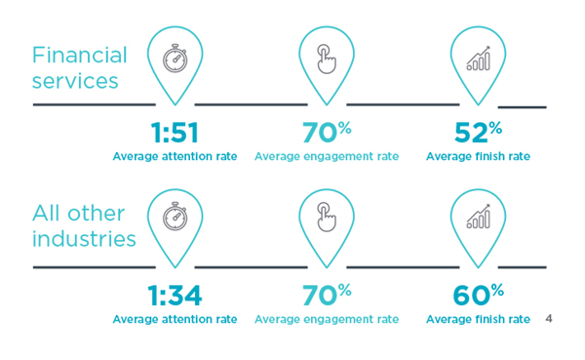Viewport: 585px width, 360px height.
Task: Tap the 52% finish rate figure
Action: (x=478, y=134)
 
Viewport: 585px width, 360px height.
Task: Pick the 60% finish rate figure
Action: (x=478, y=296)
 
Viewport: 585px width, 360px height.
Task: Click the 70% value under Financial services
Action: (x=327, y=134)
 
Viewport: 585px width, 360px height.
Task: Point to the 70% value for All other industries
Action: (x=327, y=296)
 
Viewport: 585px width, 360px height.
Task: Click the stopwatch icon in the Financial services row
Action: (x=175, y=59)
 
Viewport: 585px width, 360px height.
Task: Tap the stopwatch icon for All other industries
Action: (x=175, y=219)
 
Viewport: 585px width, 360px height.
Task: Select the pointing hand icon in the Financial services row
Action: (x=327, y=59)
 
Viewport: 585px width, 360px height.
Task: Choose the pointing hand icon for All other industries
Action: (x=327, y=219)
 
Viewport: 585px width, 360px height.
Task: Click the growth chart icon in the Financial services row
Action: (x=478, y=59)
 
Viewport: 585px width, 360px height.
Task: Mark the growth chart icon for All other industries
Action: (x=478, y=219)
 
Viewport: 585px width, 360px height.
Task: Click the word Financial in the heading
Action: (x=80, y=55)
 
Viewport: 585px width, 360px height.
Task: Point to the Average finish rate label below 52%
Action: (x=478, y=156)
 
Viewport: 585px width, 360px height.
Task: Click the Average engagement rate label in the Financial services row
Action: (x=327, y=156)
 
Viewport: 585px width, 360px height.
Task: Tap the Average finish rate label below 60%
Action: (x=478, y=319)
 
